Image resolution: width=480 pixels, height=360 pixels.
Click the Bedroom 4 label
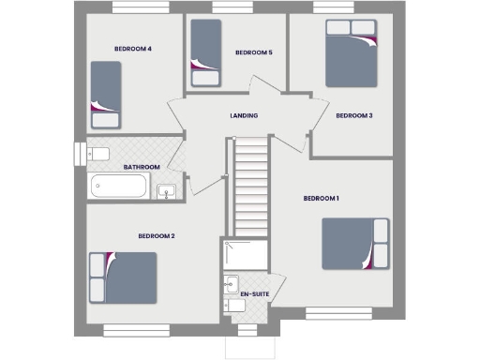133,49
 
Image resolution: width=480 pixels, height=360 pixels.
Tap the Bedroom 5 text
253,52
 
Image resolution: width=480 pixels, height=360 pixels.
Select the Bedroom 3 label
354,115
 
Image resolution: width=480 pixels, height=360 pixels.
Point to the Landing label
244,115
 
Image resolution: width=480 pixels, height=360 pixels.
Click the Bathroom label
142,167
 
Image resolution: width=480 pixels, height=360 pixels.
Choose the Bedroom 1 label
321,198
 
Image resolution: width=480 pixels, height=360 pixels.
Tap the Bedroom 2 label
157,236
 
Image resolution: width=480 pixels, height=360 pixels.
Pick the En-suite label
254,294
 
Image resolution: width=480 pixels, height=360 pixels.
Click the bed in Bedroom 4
106,94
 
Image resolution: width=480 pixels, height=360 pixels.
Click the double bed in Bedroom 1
354,244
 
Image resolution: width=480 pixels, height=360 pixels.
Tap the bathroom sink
165,192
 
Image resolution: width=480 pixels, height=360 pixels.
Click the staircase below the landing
249,187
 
